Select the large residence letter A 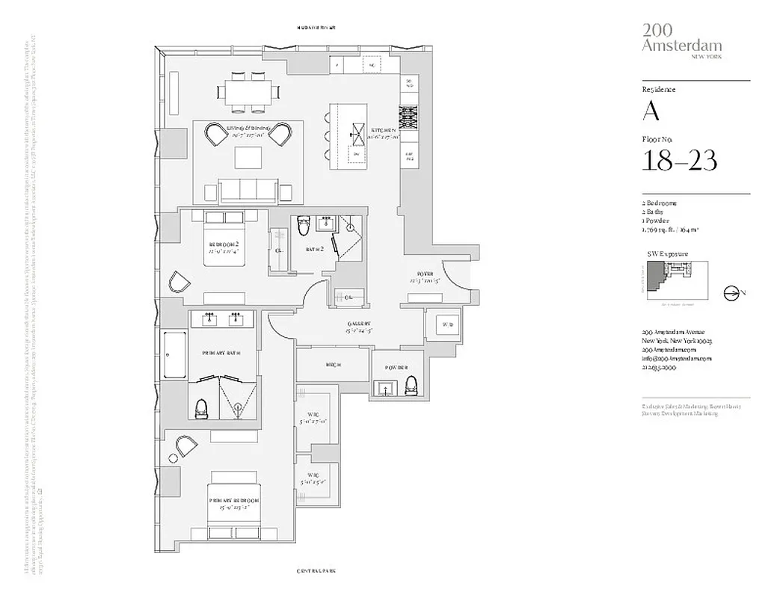coord(651,111)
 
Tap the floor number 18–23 coord(679,160)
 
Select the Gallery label coord(358,325)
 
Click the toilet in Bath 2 coord(303,226)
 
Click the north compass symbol coord(731,294)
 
